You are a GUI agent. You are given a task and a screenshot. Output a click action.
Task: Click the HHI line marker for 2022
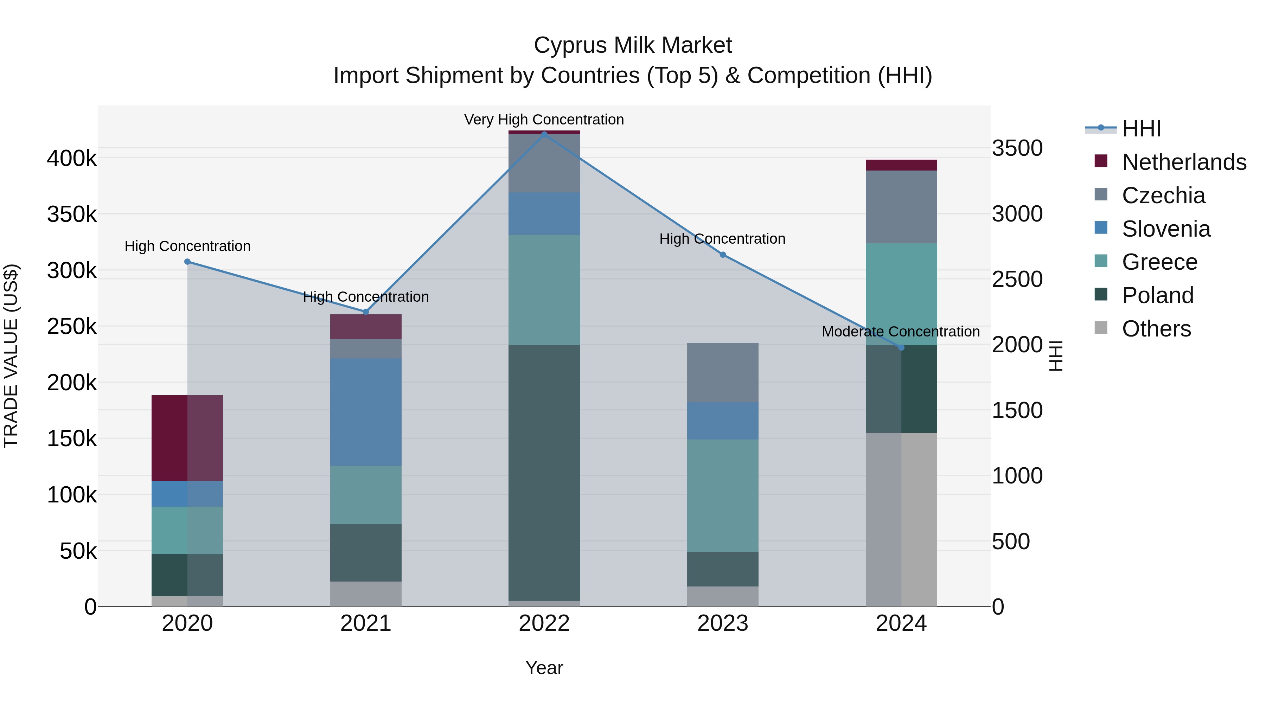[544, 134]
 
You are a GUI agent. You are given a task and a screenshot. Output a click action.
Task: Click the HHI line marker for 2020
[187, 262]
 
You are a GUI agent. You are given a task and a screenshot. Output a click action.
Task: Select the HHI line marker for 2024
[901, 347]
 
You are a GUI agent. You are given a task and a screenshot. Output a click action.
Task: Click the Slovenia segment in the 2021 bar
[366, 412]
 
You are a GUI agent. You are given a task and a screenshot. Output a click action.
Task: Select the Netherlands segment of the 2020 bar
[187, 437]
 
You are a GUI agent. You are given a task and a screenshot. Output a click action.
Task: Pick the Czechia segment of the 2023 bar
[722, 372]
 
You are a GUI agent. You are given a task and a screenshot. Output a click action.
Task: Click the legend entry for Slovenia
[1166, 229]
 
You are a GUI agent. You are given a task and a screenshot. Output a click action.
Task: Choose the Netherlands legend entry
[1183, 162]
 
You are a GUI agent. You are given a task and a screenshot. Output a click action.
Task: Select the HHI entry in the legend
[1141, 129]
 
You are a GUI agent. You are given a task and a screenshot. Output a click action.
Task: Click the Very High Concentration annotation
[544, 120]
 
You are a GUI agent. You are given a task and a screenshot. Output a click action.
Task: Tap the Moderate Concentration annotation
[900, 332]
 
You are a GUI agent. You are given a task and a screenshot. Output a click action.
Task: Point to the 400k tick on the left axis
[72, 159]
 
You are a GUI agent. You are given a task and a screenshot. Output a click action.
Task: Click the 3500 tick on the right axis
[1017, 148]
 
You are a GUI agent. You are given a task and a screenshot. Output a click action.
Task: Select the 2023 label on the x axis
[722, 623]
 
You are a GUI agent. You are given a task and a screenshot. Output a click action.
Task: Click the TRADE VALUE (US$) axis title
[11, 356]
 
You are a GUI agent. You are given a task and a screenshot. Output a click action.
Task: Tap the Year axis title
[544, 668]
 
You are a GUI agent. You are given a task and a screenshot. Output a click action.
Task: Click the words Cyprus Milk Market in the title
[633, 45]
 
